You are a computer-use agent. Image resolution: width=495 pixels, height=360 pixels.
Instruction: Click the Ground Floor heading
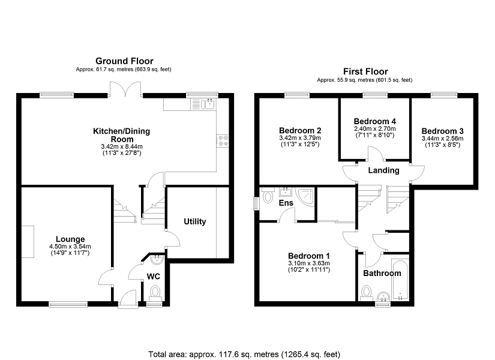tap(124, 61)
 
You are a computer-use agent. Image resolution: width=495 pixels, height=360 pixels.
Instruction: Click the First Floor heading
tap(365, 71)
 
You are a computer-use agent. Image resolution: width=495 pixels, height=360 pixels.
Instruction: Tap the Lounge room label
tap(70, 239)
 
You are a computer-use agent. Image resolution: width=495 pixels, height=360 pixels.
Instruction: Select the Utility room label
tap(195, 221)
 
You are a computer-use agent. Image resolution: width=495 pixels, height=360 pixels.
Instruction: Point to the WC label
tap(154, 277)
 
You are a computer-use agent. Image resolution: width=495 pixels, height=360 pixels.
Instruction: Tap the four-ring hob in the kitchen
tap(223, 141)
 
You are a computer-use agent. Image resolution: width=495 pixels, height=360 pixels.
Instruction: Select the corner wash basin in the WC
tap(157, 260)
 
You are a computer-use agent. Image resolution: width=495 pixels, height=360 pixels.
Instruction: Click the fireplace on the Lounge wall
tap(28, 242)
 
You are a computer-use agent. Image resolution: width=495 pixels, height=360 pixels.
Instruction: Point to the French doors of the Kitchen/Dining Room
tap(125, 89)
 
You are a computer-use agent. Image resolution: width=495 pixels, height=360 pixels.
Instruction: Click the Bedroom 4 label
tap(375, 121)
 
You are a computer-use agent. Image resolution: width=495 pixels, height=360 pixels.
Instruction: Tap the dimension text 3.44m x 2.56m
tap(443, 139)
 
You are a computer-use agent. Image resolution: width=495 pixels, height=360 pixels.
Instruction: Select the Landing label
tap(383, 170)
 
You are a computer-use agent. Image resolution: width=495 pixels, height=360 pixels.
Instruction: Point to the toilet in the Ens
tap(267, 195)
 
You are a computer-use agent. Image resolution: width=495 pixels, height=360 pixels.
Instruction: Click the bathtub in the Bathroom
tap(400, 279)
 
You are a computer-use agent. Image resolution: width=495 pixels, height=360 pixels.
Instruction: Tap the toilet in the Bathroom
tap(367, 292)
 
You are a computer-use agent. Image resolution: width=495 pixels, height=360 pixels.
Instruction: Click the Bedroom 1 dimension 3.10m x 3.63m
tap(309, 263)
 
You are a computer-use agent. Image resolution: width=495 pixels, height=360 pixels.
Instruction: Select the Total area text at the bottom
tap(244, 355)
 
